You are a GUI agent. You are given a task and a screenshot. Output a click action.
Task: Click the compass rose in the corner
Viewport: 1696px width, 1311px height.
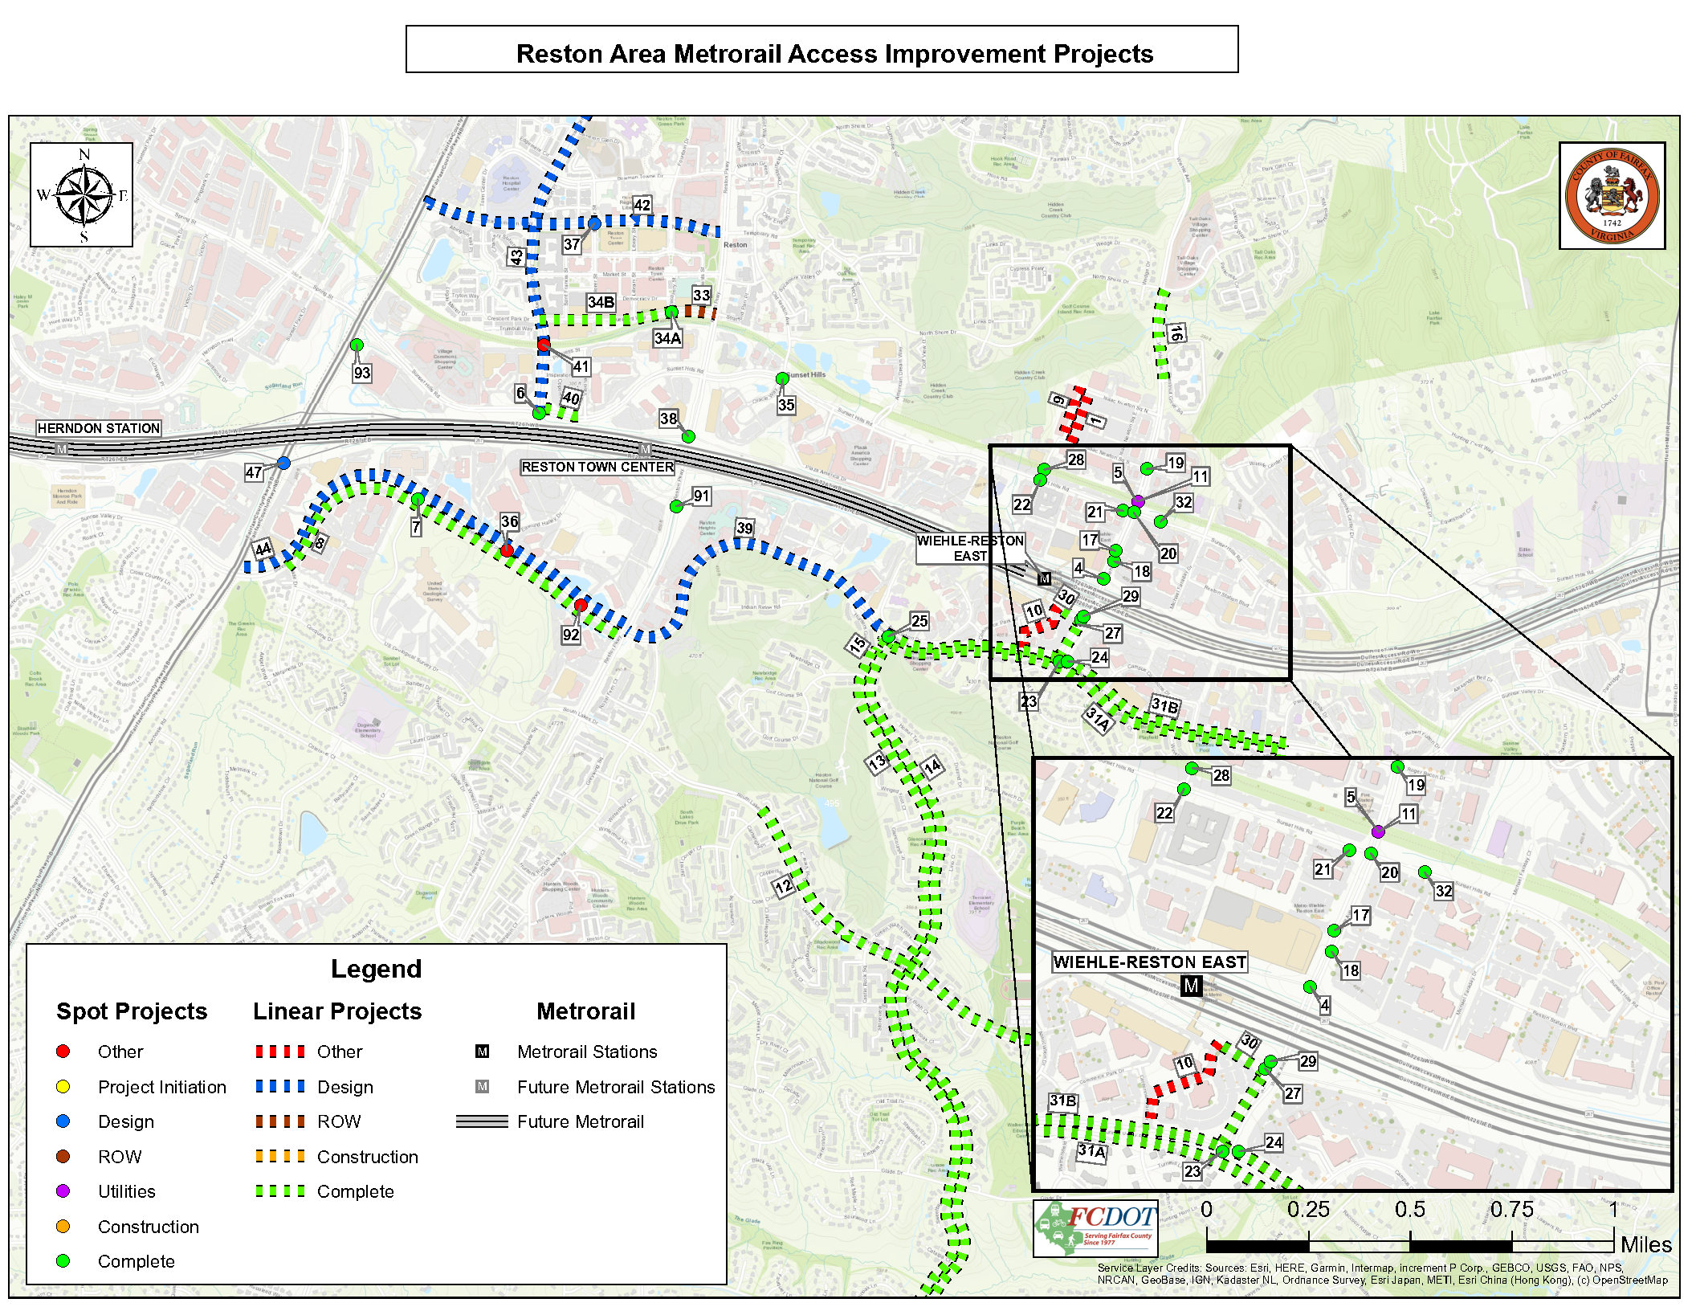(82, 194)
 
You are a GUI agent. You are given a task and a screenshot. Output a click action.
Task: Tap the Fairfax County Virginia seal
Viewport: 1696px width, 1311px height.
(1612, 195)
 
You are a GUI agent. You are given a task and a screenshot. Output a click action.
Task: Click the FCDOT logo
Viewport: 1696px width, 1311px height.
(1096, 1227)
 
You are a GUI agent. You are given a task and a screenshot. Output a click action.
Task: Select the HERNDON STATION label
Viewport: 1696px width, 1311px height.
(99, 428)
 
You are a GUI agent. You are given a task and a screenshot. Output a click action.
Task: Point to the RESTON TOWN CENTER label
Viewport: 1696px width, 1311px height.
(597, 467)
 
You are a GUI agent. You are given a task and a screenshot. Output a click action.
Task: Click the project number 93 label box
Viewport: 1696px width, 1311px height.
(362, 373)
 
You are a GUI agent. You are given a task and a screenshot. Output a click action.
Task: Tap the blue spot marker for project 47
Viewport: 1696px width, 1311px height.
(283, 463)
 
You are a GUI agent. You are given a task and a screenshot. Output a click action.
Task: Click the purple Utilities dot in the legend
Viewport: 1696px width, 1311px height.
(63, 1191)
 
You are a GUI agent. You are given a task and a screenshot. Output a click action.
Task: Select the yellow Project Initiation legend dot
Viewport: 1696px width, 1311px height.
(63, 1087)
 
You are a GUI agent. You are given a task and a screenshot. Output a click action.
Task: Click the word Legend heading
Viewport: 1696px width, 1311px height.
(376, 969)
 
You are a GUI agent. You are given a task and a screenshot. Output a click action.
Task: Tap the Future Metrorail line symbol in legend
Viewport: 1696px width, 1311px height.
(482, 1121)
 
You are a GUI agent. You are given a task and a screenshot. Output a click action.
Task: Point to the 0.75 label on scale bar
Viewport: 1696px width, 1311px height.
(1511, 1210)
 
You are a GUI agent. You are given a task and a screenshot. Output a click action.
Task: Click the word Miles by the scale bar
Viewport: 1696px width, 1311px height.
(1646, 1244)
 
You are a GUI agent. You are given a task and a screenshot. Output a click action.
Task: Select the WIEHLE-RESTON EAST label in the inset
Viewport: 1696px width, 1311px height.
(1149, 962)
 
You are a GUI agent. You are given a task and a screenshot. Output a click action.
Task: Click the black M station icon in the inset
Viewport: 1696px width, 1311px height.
(1191, 985)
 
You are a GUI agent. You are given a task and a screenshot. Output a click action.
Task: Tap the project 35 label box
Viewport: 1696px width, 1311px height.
(786, 405)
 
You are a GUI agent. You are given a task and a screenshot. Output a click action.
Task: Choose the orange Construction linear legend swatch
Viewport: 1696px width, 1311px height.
(280, 1157)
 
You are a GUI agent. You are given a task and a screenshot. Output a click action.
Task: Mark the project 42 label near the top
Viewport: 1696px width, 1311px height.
(642, 205)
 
